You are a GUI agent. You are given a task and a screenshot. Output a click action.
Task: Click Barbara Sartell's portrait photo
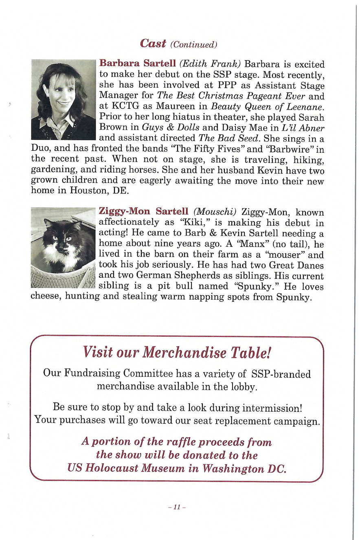pyautogui.click(x=63, y=100)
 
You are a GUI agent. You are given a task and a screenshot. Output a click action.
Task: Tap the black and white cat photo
pyautogui.click(x=63, y=248)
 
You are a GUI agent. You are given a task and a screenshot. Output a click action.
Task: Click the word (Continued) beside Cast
pyautogui.click(x=193, y=44)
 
